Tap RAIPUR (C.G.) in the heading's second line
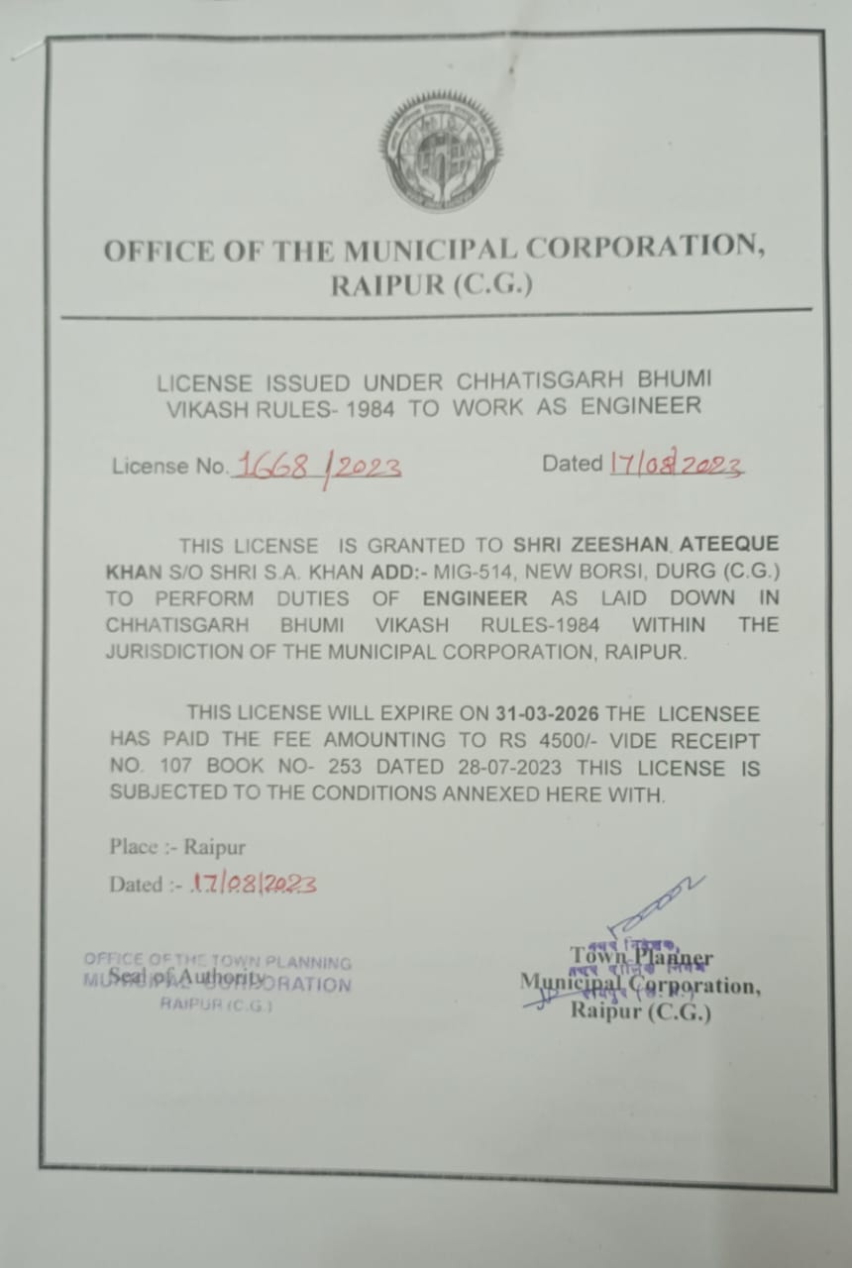pos(431,286)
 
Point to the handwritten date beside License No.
pos(677,465)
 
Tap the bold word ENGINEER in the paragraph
pos(475,598)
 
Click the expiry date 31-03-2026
pos(547,713)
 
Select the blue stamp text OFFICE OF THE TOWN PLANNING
pos(218,961)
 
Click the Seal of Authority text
pos(175,979)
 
